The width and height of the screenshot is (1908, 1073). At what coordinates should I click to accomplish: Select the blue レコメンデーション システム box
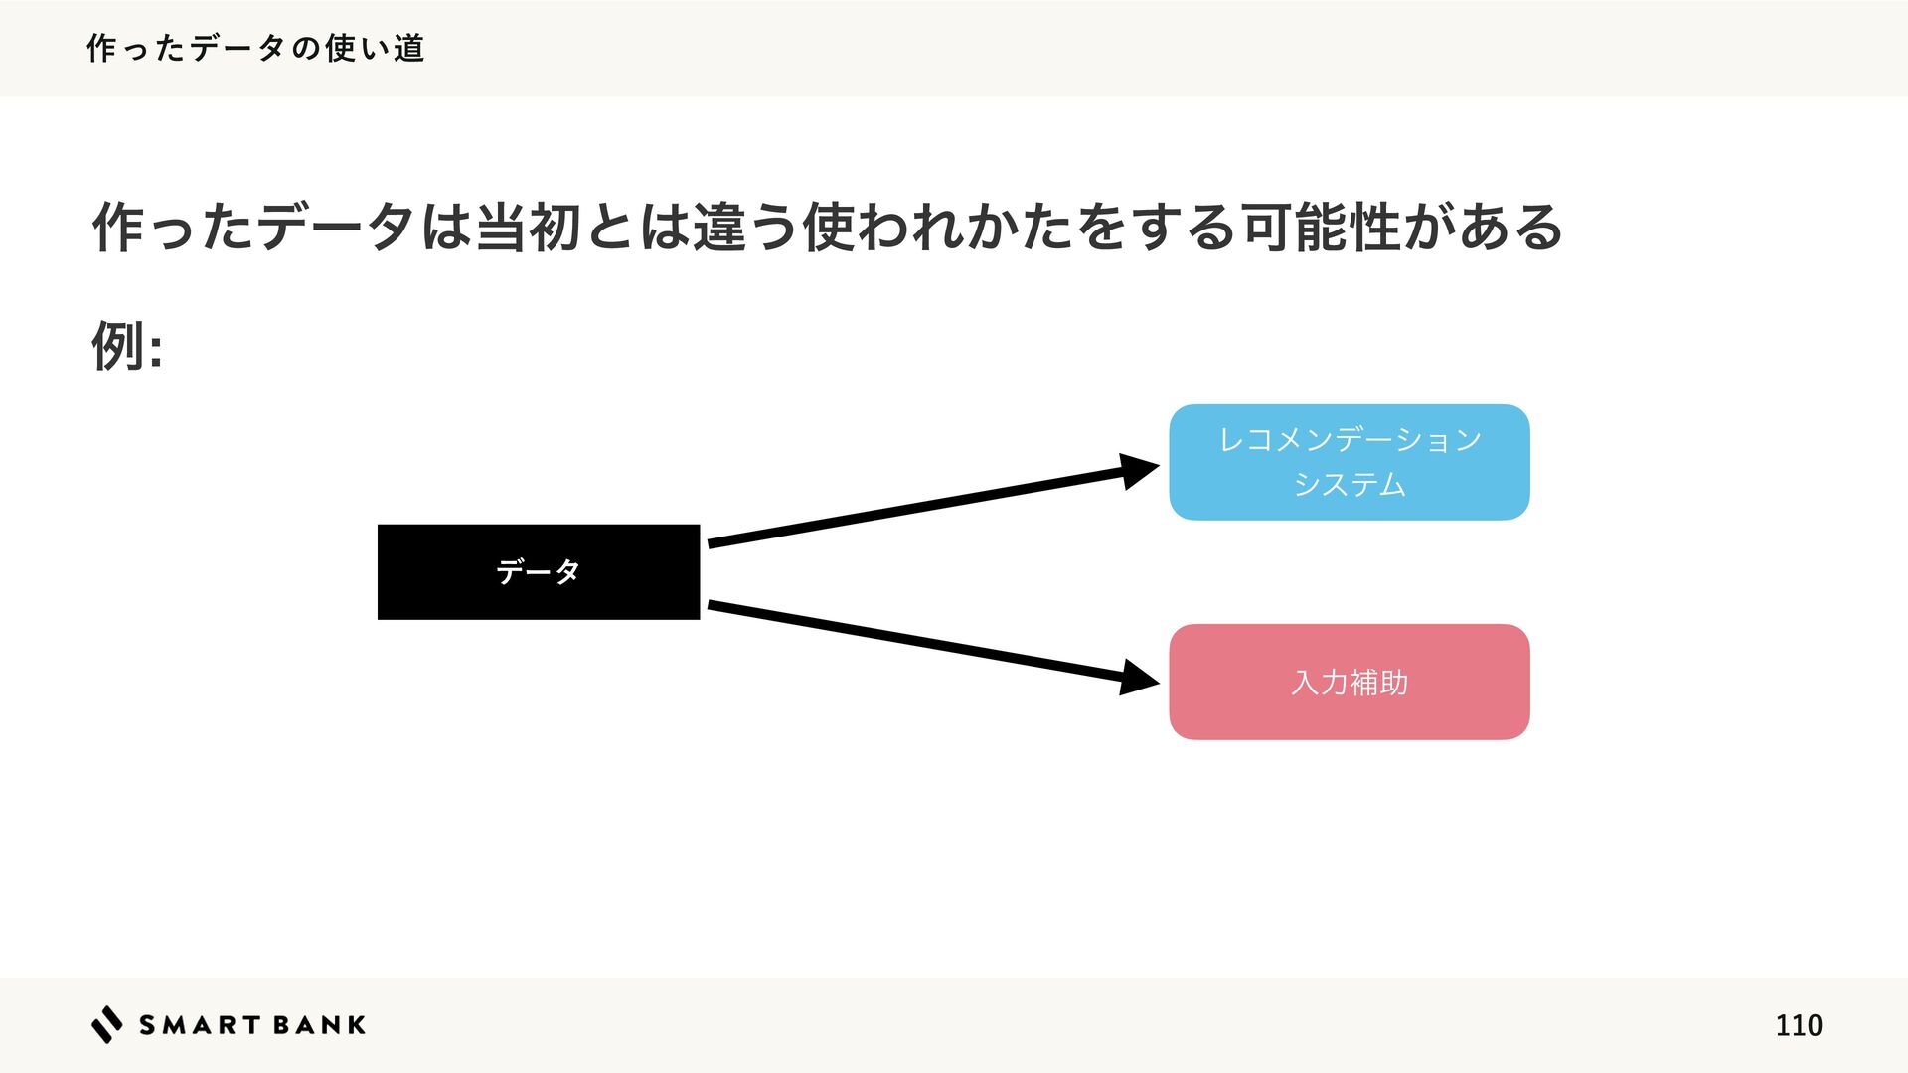coord(1349,461)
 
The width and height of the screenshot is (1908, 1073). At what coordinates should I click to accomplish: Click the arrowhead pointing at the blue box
coord(1138,470)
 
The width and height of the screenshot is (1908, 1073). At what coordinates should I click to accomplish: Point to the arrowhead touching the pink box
coord(1138,678)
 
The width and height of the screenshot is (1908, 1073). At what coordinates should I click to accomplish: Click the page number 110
coord(1798,1025)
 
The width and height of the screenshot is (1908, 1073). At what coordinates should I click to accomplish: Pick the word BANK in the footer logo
coord(319,1025)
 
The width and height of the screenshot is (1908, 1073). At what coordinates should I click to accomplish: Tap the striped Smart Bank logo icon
coord(106,1024)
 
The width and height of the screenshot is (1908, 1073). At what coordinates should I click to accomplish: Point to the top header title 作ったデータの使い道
coord(256,48)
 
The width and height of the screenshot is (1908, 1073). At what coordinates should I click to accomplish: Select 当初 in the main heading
coord(528,228)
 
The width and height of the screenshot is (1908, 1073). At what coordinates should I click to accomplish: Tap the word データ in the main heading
coord(336,228)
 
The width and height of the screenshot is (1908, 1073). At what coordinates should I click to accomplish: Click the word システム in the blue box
coord(1349,485)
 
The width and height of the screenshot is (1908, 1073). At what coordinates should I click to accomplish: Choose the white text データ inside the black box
coord(538,572)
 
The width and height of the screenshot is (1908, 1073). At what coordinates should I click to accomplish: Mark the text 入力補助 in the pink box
coord(1349,683)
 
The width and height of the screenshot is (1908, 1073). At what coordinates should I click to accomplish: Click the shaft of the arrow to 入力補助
coord(914,642)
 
